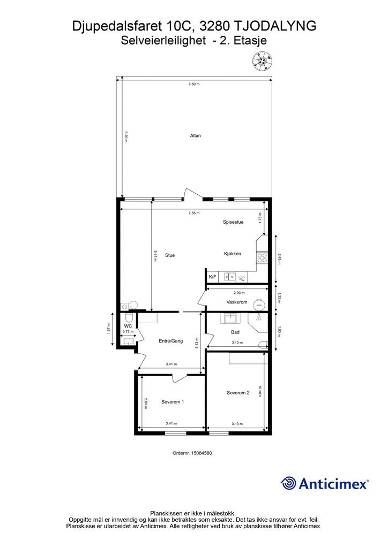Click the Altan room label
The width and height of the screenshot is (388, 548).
pyautogui.click(x=195, y=135)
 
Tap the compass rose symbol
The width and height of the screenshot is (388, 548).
pyautogui.click(x=263, y=62)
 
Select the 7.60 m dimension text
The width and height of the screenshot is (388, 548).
pyautogui.click(x=193, y=84)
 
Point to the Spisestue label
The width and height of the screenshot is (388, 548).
pyautogui.click(x=233, y=222)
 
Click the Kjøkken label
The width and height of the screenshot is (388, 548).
pyautogui.click(x=232, y=254)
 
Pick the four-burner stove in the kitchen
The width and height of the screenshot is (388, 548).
pyautogui.click(x=262, y=258)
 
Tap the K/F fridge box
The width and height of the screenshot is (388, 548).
pyautogui.click(x=212, y=277)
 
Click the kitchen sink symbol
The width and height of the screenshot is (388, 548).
pyautogui.click(x=230, y=277)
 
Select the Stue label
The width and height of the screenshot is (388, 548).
pyautogui.click(x=170, y=255)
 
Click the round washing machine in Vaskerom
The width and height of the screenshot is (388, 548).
pyautogui.click(x=259, y=303)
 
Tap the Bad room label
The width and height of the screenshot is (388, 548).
pyautogui.click(x=235, y=332)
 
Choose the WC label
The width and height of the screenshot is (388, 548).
pyautogui.click(x=128, y=326)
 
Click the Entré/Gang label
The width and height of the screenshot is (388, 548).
pyautogui.click(x=171, y=341)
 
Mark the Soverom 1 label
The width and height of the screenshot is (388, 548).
pyautogui.click(x=173, y=402)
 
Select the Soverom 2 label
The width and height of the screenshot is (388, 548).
pyautogui.click(x=238, y=393)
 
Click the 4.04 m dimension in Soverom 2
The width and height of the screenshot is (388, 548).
pyautogui.click(x=259, y=391)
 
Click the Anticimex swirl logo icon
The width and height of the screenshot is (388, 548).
pyautogui.click(x=288, y=483)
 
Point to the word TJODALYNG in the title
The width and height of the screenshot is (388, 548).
pyautogui.click(x=274, y=26)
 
